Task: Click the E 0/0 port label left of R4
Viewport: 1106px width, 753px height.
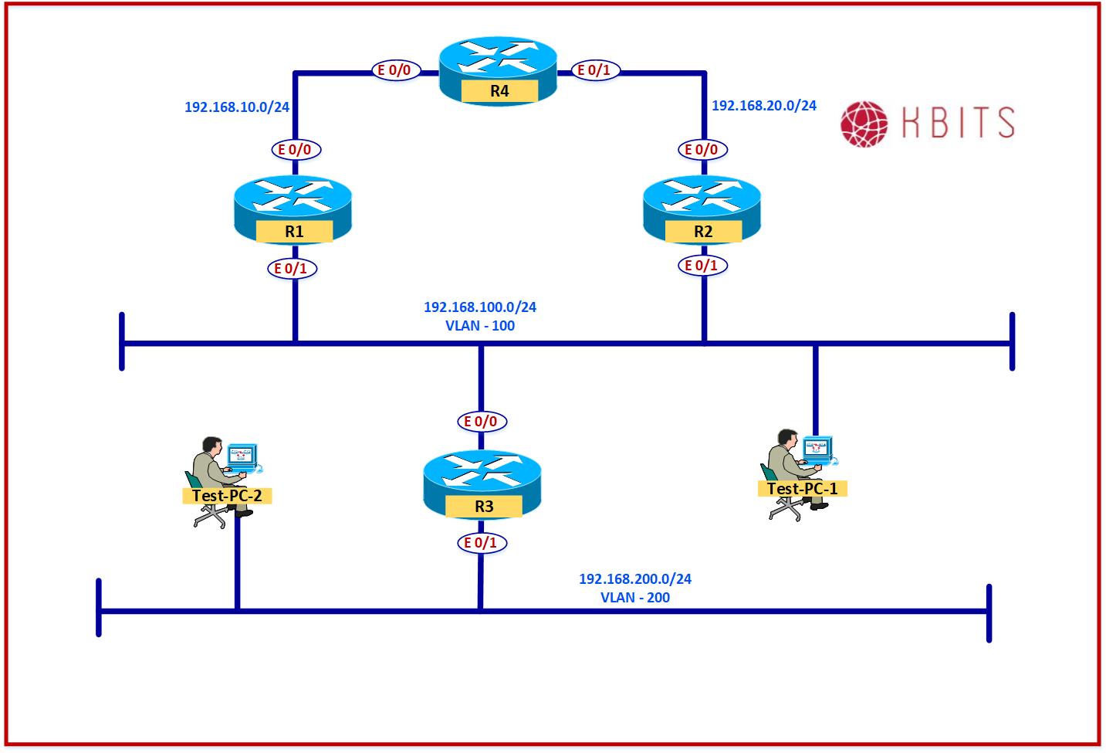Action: (x=394, y=70)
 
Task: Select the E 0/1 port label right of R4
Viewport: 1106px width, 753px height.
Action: (x=594, y=70)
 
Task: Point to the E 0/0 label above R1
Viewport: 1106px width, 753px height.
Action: (x=295, y=149)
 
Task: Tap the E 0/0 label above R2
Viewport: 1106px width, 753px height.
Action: (x=702, y=149)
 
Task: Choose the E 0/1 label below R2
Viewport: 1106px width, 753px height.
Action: (x=702, y=266)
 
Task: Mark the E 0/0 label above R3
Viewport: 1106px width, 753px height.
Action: (x=480, y=422)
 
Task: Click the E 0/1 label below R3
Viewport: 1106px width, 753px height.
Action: (x=481, y=543)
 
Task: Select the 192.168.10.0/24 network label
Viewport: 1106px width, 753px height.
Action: (x=237, y=107)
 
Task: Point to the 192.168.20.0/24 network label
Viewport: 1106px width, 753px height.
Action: (x=763, y=106)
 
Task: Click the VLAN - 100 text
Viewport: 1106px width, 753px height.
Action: (x=480, y=326)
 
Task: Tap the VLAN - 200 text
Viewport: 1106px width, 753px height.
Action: (x=635, y=598)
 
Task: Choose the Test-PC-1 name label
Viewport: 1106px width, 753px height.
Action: (x=803, y=488)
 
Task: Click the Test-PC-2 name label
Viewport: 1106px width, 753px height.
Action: (x=227, y=495)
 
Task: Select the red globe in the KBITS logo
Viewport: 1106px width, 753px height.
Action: (x=865, y=123)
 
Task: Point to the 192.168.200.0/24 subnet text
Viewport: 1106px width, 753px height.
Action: (x=635, y=578)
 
